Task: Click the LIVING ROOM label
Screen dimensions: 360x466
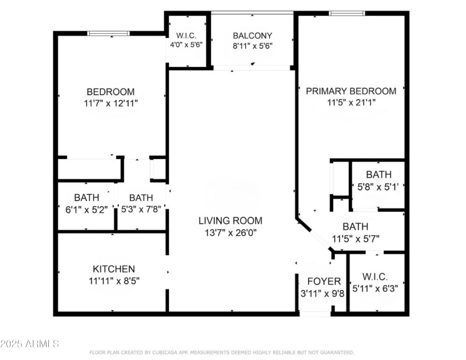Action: tap(230, 221)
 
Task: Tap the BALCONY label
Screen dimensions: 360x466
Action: tap(252, 35)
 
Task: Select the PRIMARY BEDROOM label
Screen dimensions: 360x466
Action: tap(351, 91)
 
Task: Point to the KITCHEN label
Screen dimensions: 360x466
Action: tap(114, 269)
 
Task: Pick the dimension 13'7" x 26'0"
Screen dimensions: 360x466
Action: tap(230, 232)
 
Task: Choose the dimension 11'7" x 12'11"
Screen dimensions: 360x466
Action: tap(110, 103)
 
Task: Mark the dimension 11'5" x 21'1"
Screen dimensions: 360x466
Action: tap(351, 103)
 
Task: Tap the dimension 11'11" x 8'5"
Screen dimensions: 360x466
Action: tap(114, 280)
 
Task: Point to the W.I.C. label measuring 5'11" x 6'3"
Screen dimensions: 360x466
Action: tap(375, 276)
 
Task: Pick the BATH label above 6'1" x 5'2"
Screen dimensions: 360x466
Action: tap(86, 197)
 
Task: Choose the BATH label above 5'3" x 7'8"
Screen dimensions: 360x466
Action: tap(141, 197)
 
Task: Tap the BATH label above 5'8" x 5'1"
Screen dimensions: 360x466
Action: tap(379, 174)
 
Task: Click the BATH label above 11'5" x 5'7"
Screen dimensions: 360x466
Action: tap(355, 227)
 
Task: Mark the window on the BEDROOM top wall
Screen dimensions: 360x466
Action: tap(109, 33)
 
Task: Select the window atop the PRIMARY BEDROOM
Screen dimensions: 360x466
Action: tap(347, 13)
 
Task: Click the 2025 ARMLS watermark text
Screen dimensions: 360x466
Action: tap(30, 344)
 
